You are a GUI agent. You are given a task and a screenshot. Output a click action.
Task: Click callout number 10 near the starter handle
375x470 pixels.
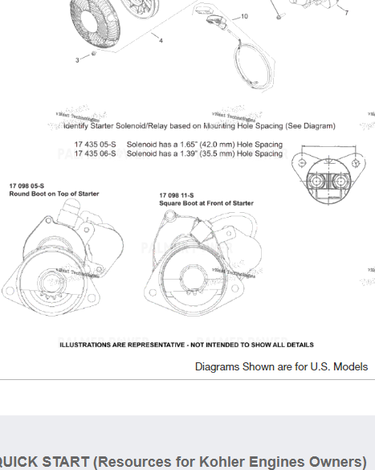[x=244, y=16]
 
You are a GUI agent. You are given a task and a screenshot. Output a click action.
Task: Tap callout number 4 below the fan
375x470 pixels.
[x=161, y=40]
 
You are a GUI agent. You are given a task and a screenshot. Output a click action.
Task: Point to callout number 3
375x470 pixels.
[x=78, y=59]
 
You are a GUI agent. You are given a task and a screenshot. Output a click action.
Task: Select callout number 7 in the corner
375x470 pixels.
[x=346, y=13]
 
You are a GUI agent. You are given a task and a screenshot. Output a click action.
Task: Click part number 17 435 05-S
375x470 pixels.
[x=95, y=145]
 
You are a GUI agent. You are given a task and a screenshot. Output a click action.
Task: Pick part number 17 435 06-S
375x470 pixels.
[x=95, y=153]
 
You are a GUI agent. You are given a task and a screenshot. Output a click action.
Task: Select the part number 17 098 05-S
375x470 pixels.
[x=26, y=186]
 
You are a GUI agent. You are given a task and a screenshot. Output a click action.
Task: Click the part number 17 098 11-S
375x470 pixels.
[x=177, y=195]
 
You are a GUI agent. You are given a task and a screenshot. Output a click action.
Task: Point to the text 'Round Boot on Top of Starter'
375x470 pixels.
[x=54, y=194]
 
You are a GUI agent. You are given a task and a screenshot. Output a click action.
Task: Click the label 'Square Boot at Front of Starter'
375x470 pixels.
[x=206, y=203]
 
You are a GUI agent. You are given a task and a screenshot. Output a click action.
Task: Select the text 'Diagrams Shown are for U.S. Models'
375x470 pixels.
[x=281, y=366]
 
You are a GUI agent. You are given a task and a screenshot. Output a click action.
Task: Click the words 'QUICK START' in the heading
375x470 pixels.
[x=43, y=461]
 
